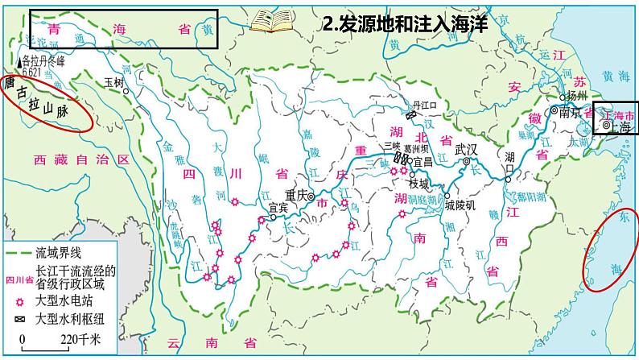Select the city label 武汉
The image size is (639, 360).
click(466, 149)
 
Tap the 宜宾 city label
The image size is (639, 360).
click(278, 207)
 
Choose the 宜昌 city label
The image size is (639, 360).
click(423, 161)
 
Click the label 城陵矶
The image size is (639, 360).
click(461, 205)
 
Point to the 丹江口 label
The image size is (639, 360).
click(423, 105)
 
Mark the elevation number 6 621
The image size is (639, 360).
click(31, 71)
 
